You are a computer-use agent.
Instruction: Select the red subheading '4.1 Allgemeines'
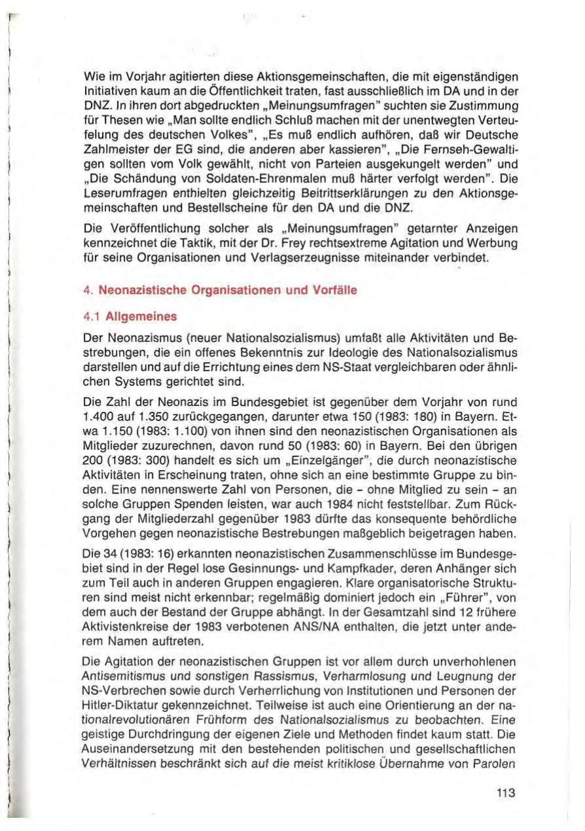point(137,316)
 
